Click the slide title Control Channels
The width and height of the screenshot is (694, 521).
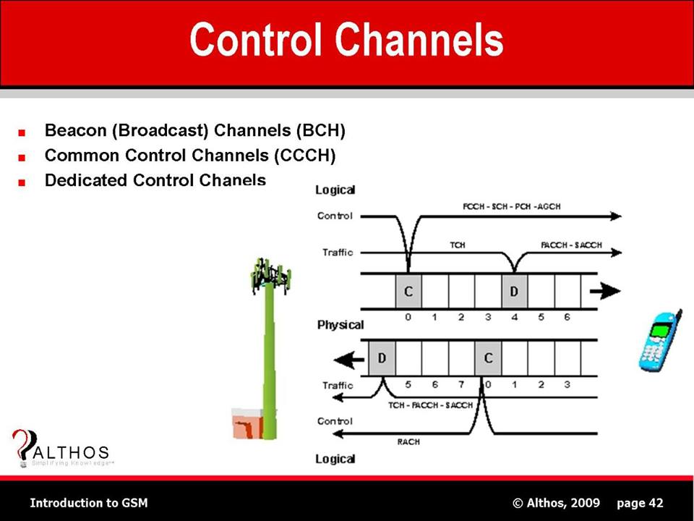[x=346, y=39]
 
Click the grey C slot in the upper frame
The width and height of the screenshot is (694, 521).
[x=408, y=292]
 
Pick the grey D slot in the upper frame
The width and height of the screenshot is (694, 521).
[x=514, y=292]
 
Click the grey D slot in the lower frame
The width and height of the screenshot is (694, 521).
[x=382, y=358]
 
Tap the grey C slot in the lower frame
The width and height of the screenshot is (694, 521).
[x=488, y=358]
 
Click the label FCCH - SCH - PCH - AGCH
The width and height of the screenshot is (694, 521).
[x=511, y=206]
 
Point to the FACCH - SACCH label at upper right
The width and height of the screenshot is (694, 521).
[x=571, y=245]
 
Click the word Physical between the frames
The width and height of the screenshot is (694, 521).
[x=340, y=325]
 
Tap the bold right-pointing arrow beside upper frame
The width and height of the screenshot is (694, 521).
[x=605, y=292]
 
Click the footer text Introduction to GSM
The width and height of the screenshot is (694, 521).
[x=88, y=503]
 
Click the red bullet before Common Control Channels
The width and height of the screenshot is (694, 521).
[x=24, y=157]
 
